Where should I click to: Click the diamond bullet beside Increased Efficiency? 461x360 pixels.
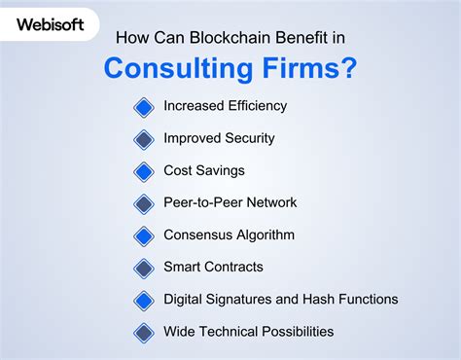click(x=144, y=107)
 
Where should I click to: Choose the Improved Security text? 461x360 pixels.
click(x=220, y=138)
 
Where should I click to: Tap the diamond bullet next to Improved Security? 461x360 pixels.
click(x=144, y=139)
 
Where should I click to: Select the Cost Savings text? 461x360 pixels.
click(x=204, y=170)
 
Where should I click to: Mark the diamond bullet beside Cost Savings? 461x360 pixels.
click(x=144, y=171)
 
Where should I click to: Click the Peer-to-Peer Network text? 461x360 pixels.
click(x=230, y=202)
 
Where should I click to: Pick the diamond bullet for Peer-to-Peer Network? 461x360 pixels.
click(x=144, y=203)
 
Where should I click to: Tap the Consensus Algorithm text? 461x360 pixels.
click(x=229, y=234)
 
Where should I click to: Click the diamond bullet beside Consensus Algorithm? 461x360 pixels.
click(x=144, y=235)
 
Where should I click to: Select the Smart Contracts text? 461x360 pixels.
click(x=213, y=267)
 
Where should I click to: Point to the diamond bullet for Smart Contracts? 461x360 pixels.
click(x=144, y=268)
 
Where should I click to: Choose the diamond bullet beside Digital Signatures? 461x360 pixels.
click(x=144, y=300)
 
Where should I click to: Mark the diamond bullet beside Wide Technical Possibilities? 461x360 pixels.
click(x=144, y=332)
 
